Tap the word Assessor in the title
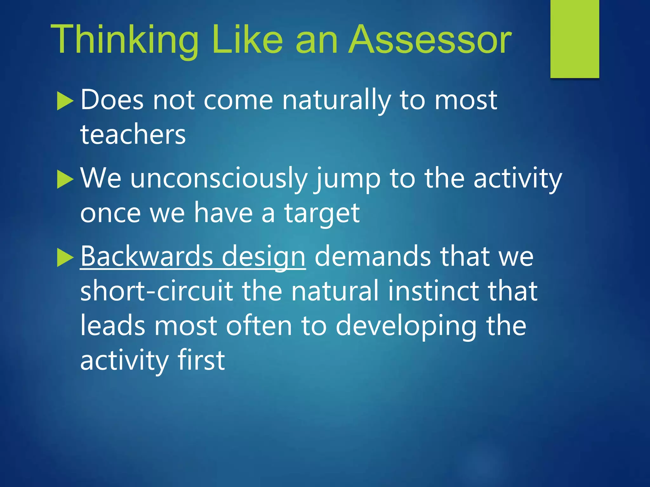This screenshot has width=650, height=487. pyautogui.click(x=430, y=40)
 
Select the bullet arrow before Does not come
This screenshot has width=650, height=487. pyautogui.click(x=65, y=101)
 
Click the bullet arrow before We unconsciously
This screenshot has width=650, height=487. pyautogui.click(x=65, y=179)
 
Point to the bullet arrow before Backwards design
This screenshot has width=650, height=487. pyautogui.click(x=65, y=257)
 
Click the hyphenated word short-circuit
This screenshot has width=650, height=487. pyautogui.click(x=156, y=291)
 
